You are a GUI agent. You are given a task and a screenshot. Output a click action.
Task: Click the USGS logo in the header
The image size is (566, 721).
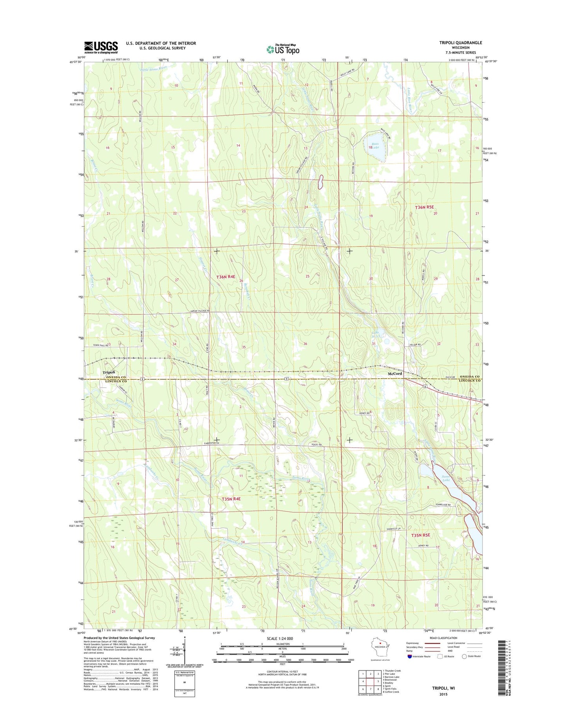point(101,47)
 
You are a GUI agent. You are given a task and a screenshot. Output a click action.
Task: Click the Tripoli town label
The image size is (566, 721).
point(108,372)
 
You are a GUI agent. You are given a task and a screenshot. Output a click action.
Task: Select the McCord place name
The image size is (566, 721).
point(395,374)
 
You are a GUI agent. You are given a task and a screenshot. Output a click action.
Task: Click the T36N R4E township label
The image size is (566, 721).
point(226,277)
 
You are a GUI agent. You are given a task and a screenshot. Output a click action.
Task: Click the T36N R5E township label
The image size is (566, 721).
point(425,207)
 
